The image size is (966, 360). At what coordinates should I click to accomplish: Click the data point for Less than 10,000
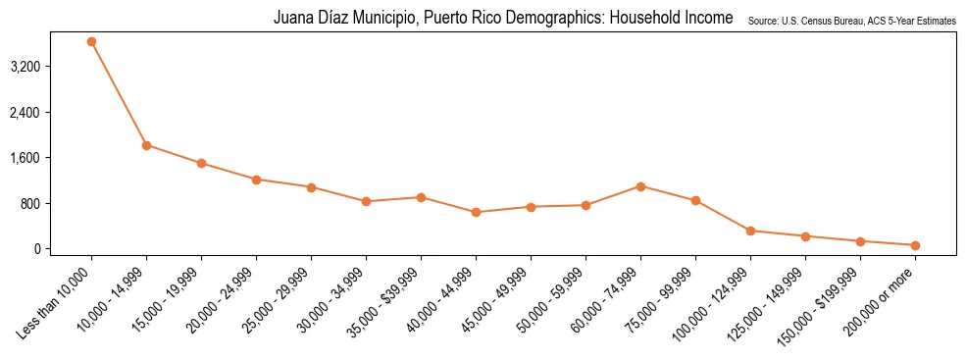pos(91,42)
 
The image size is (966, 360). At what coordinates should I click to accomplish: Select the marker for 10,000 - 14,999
pos(146,145)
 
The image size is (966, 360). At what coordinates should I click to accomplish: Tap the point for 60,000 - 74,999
pos(640,186)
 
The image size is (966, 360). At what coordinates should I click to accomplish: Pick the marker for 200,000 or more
pos(915,245)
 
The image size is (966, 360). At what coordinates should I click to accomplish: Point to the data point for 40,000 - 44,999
pos(476,212)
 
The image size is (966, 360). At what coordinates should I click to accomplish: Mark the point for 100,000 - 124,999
pos(750,231)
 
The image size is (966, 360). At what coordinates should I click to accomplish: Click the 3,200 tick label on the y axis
pos(52,67)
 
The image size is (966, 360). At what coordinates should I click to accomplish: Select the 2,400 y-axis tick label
pos(52,113)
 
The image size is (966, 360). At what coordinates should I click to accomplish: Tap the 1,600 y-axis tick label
pos(52,158)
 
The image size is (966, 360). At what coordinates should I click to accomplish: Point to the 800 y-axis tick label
pos(58,203)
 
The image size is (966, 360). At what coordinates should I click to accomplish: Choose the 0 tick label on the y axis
pos(66,249)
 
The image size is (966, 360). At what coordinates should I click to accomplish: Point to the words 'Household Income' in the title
pos(676,18)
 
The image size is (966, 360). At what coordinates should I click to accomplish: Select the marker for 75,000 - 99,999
pos(695,200)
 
